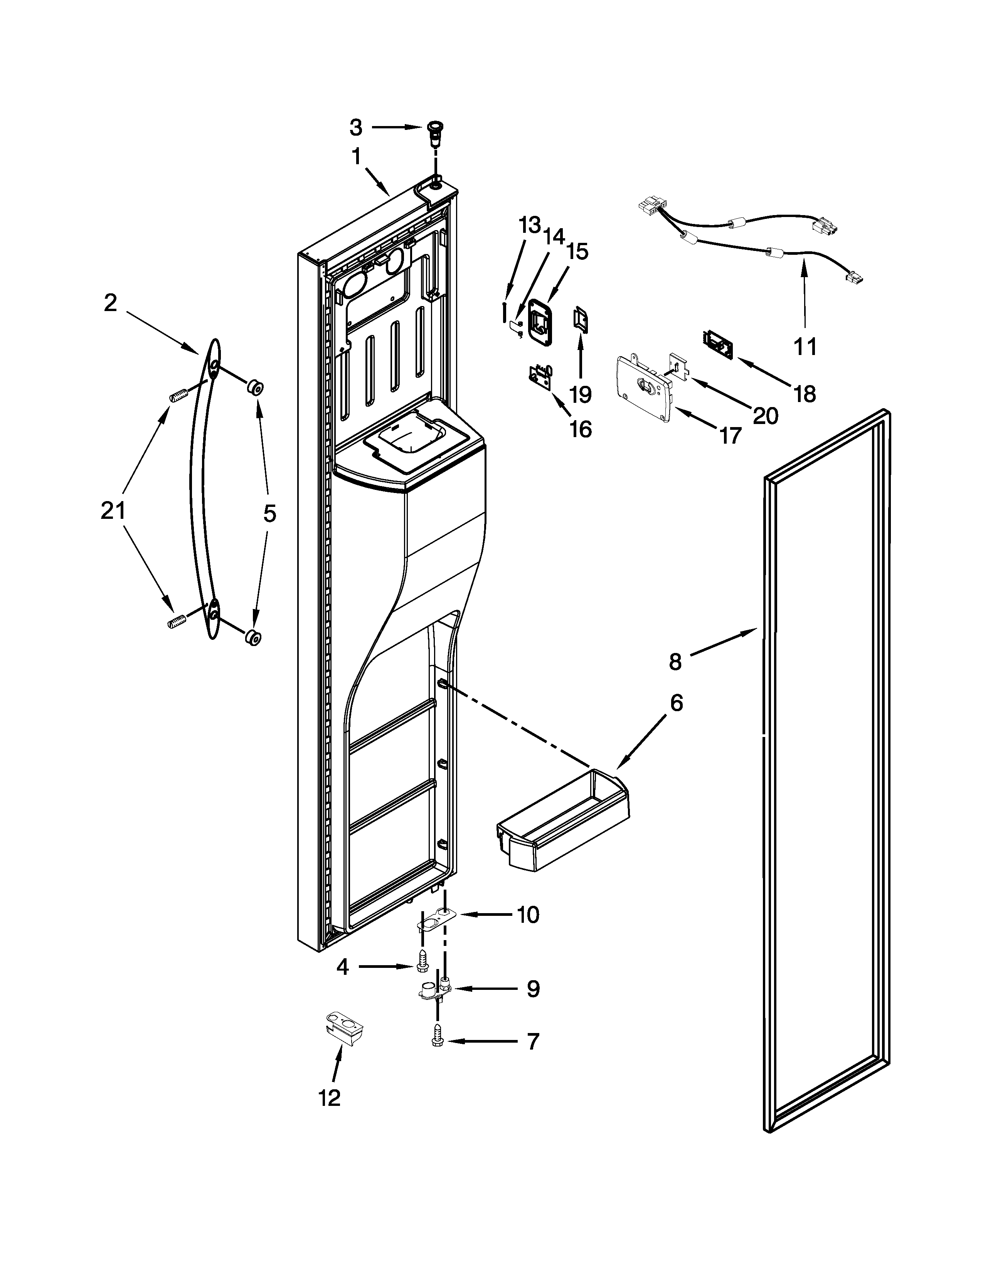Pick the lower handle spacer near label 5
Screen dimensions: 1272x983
(253, 638)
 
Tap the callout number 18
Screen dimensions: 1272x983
(805, 394)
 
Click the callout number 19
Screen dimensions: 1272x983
(580, 394)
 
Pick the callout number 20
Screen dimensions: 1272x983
(765, 415)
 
